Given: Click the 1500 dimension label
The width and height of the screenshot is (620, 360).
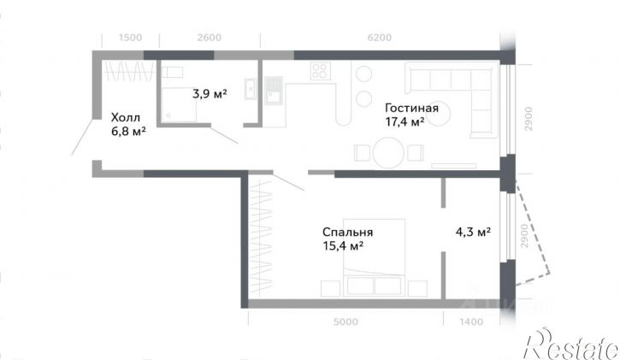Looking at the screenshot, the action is [130, 38].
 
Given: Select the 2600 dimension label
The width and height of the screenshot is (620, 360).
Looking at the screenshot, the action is [210, 38].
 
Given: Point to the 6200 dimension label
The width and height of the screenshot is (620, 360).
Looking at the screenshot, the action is [379, 38].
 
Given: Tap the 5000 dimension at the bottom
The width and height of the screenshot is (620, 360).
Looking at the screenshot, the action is [345, 322].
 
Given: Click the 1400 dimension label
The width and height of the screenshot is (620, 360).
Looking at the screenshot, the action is [471, 322].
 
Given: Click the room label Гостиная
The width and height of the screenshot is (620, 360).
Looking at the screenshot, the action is [411, 108].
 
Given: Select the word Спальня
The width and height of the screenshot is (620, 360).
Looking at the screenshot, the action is [347, 232].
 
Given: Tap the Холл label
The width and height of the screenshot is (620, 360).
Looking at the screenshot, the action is [126, 117].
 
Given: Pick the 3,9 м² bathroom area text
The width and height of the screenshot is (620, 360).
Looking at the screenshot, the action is [210, 94].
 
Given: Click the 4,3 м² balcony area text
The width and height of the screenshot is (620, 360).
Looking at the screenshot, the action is [473, 232].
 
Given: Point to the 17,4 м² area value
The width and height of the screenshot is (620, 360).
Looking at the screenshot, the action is [404, 121].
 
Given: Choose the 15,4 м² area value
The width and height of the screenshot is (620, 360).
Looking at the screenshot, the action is [343, 245].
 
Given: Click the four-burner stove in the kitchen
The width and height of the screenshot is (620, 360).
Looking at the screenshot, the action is [320, 71].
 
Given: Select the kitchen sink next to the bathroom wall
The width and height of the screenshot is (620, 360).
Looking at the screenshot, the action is [273, 89].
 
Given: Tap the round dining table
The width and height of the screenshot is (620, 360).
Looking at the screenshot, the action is [388, 152].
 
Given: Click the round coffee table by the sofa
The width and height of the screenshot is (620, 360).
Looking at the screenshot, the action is [439, 115].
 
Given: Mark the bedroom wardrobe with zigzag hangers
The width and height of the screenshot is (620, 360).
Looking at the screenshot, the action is [261, 237].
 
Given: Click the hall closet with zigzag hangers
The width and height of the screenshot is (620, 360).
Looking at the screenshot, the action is [127, 71].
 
